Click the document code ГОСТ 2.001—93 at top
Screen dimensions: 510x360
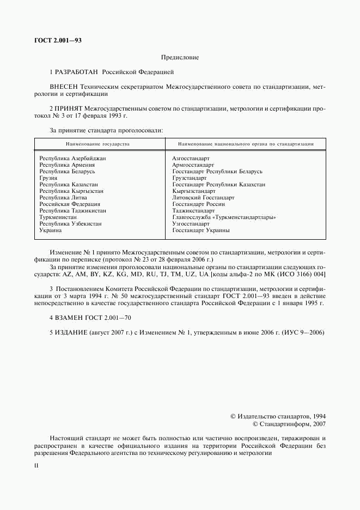click(x=58, y=40)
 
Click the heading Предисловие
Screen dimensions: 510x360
click(x=180, y=57)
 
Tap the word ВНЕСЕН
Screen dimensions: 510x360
click(x=64, y=86)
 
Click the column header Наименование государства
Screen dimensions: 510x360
click(x=97, y=144)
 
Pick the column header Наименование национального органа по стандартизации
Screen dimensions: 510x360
click(x=246, y=144)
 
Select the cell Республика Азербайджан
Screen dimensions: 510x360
click(x=72, y=158)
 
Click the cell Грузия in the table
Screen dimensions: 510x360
click(x=48, y=178)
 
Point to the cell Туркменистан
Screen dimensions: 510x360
click(x=58, y=217)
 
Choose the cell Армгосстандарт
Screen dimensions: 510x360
click(x=193, y=165)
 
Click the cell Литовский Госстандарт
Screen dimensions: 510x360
click(x=203, y=197)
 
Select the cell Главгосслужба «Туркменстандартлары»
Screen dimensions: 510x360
click(x=224, y=217)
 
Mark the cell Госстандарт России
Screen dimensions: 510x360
click(x=198, y=204)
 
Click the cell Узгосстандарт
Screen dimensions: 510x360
click(x=191, y=223)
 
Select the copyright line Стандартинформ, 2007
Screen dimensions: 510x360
click(x=289, y=423)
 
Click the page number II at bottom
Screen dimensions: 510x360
click(x=36, y=466)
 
